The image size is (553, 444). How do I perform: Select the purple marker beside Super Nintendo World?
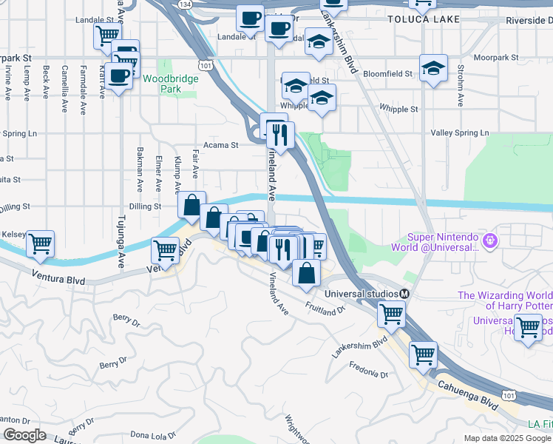(489, 240)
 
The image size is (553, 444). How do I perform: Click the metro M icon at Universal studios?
(404, 293)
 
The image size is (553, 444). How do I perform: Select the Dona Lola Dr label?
(153, 435)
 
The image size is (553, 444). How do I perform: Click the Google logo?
(24, 435)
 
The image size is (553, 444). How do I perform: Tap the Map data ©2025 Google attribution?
(507, 438)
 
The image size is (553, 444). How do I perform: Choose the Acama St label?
(221, 146)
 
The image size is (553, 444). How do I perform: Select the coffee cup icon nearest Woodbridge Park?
(118, 75)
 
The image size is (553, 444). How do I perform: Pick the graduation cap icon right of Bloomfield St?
(433, 68)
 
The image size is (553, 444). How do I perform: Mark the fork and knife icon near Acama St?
(279, 135)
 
